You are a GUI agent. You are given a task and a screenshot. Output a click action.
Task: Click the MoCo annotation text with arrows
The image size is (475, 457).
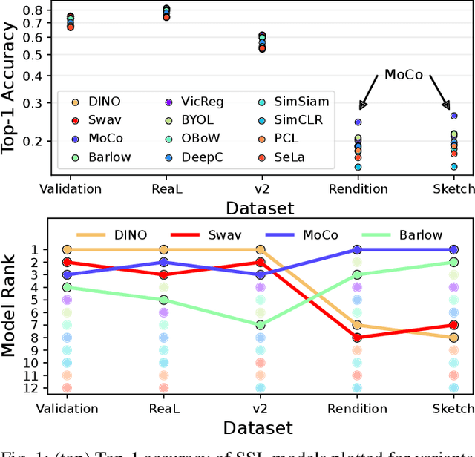[x=404, y=75]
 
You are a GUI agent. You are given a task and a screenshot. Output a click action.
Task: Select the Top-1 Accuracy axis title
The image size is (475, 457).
[x=11, y=88]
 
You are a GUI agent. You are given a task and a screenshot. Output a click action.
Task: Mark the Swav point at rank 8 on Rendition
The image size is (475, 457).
[x=358, y=338]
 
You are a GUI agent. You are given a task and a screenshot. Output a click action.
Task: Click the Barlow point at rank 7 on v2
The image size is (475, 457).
[x=261, y=325]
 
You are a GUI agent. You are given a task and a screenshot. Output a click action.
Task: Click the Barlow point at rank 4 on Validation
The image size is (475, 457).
[x=68, y=287]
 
